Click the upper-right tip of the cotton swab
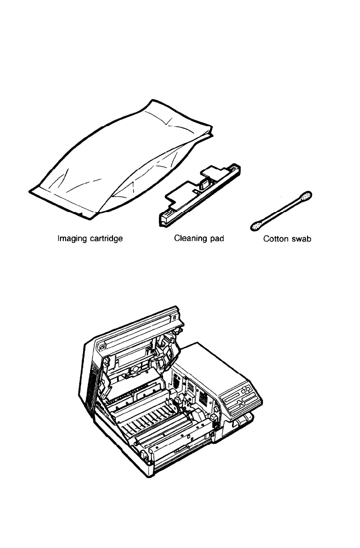coord(307,196)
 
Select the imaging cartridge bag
coord(122,160)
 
